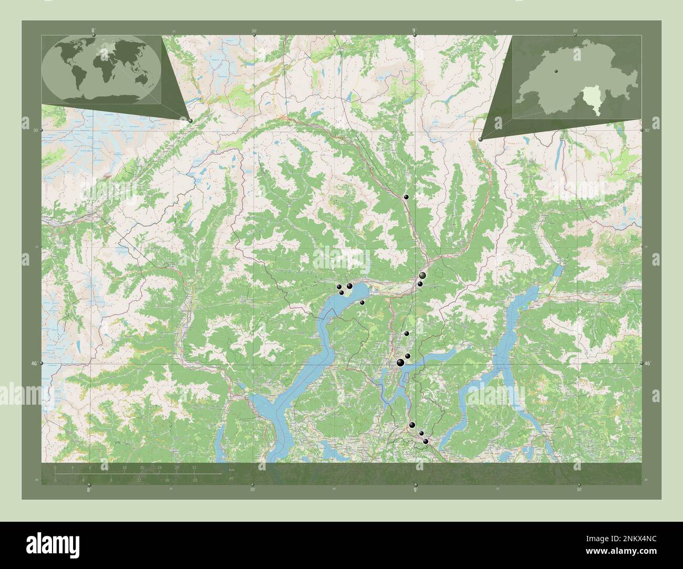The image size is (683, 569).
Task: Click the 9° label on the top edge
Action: click(x=415, y=30)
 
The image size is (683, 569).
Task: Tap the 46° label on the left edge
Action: click(x=35, y=363)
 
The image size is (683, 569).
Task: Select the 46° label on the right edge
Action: click(x=648, y=363)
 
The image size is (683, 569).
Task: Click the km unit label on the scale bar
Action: click(x=232, y=469)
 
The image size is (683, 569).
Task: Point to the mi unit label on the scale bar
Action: click(x=231, y=478)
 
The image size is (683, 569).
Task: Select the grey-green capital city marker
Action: click(x=422, y=275)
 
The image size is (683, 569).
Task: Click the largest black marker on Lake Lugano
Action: click(x=401, y=363)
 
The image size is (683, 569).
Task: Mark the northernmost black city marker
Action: click(x=406, y=197)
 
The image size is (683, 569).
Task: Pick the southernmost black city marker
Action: click(x=426, y=442)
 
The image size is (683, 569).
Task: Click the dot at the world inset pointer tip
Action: click(x=190, y=121)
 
